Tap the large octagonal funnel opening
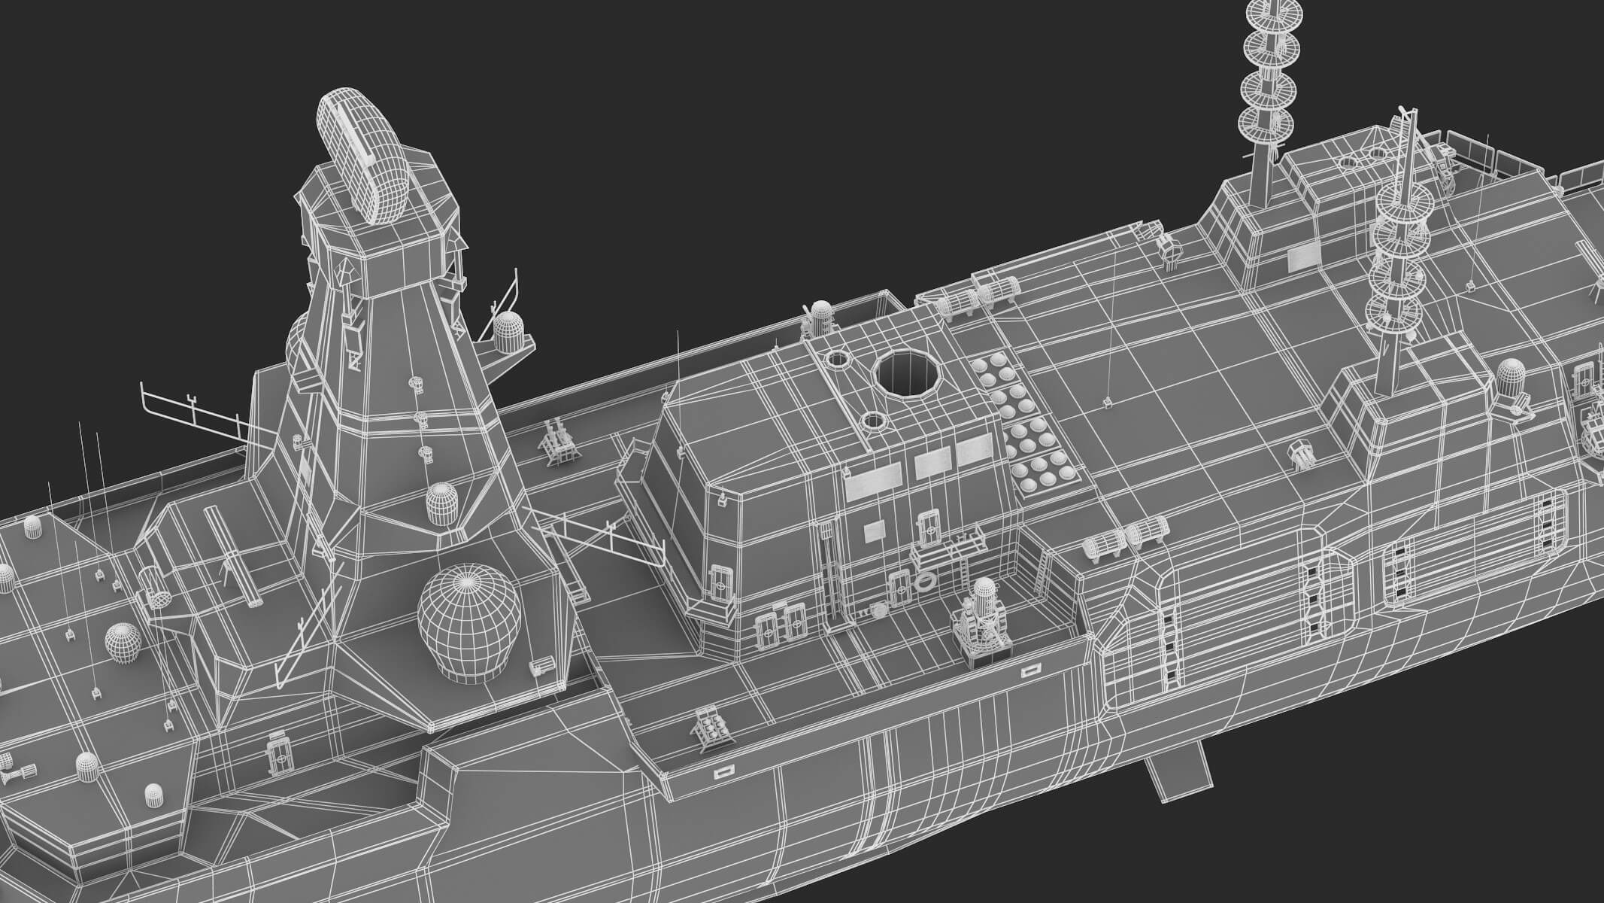coord(907,374)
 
